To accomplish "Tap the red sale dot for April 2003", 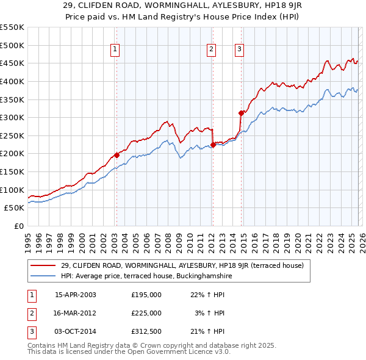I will (x=117, y=155).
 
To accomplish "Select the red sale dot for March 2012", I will (x=213, y=145).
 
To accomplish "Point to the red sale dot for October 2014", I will (x=241, y=113).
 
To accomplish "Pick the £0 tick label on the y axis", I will (x=20, y=226).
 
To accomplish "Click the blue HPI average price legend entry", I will (x=146, y=276).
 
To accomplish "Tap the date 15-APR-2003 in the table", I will (x=75, y=295).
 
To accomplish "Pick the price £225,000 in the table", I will (x=146, y=313).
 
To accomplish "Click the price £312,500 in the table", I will (x=146, y=331).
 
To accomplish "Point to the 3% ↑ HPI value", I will (x=209, y=313).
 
